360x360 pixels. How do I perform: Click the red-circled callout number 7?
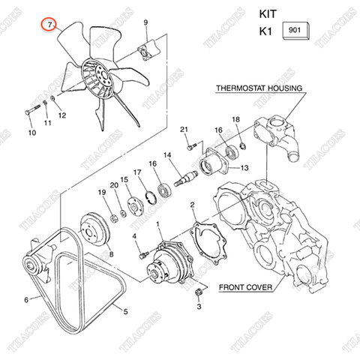point(49,25)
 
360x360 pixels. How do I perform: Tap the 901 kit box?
point(295,31)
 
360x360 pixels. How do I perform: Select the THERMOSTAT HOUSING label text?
point(259,88)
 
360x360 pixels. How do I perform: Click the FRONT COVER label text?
point(245,287)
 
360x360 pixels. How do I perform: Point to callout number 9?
point(145,22)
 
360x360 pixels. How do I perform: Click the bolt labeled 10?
point(32,109)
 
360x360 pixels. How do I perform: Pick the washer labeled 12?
point(52,97)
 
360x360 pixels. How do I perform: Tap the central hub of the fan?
point(103,76)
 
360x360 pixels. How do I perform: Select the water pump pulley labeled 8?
point(94,229)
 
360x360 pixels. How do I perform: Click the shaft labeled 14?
point(186,178)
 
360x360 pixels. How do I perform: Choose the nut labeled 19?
point(114,218)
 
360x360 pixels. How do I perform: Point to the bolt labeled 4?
point(143,255)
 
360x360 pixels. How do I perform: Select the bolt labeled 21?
point(190,148)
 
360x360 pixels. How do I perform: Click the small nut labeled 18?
point(242,145)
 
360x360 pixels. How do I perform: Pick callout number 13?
point(244,167)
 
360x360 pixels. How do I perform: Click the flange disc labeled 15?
point(135,206)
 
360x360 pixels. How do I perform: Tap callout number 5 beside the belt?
point(125,311)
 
